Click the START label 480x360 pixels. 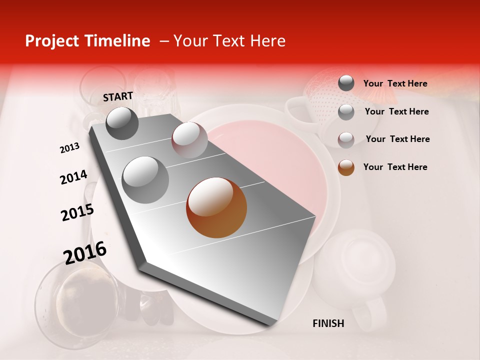tap(118, 96)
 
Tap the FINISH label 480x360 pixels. tap(328, 323)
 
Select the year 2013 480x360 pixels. tap(69, 148)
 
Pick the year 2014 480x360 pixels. tap(73, 177)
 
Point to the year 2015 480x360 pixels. tap(77, 212)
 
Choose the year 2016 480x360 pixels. tap(85, 252)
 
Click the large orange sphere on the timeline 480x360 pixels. tap(216, 207)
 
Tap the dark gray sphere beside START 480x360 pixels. tap(122, 123)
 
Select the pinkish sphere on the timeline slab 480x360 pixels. tap(189, 140)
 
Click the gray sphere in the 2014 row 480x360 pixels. tap(145, 179)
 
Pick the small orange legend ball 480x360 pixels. tap(346, 167)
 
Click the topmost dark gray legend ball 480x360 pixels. tap(346, 83)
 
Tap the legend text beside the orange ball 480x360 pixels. tap(395, 167)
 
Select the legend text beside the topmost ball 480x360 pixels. tap(395, 83)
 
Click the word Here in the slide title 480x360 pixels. tap(267, 41)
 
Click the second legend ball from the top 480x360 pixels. tap(346, 112)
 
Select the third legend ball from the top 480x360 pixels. tap(346, 139)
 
